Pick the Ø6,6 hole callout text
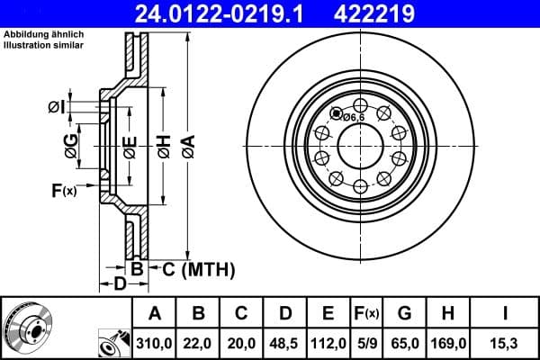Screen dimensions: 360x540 click(x=353, y=116)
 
